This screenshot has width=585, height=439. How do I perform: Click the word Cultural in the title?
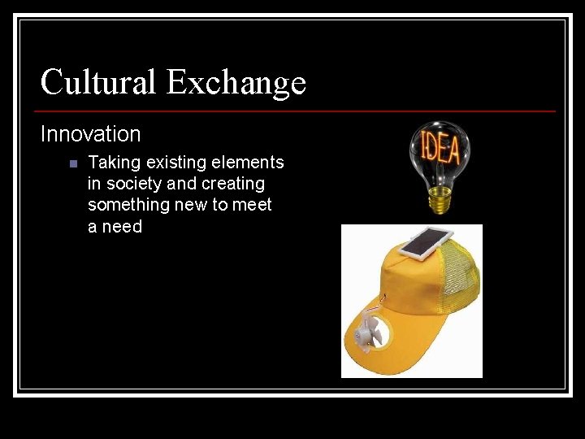(98, 82)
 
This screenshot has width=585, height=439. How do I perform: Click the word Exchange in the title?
(236, 82)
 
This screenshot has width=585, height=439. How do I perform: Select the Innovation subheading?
(91, 134)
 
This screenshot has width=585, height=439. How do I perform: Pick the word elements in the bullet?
(249, 163)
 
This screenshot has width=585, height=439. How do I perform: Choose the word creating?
(232, 185)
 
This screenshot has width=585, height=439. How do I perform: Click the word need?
(122, 227)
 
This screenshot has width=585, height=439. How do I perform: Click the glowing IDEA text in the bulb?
(440, 149)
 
